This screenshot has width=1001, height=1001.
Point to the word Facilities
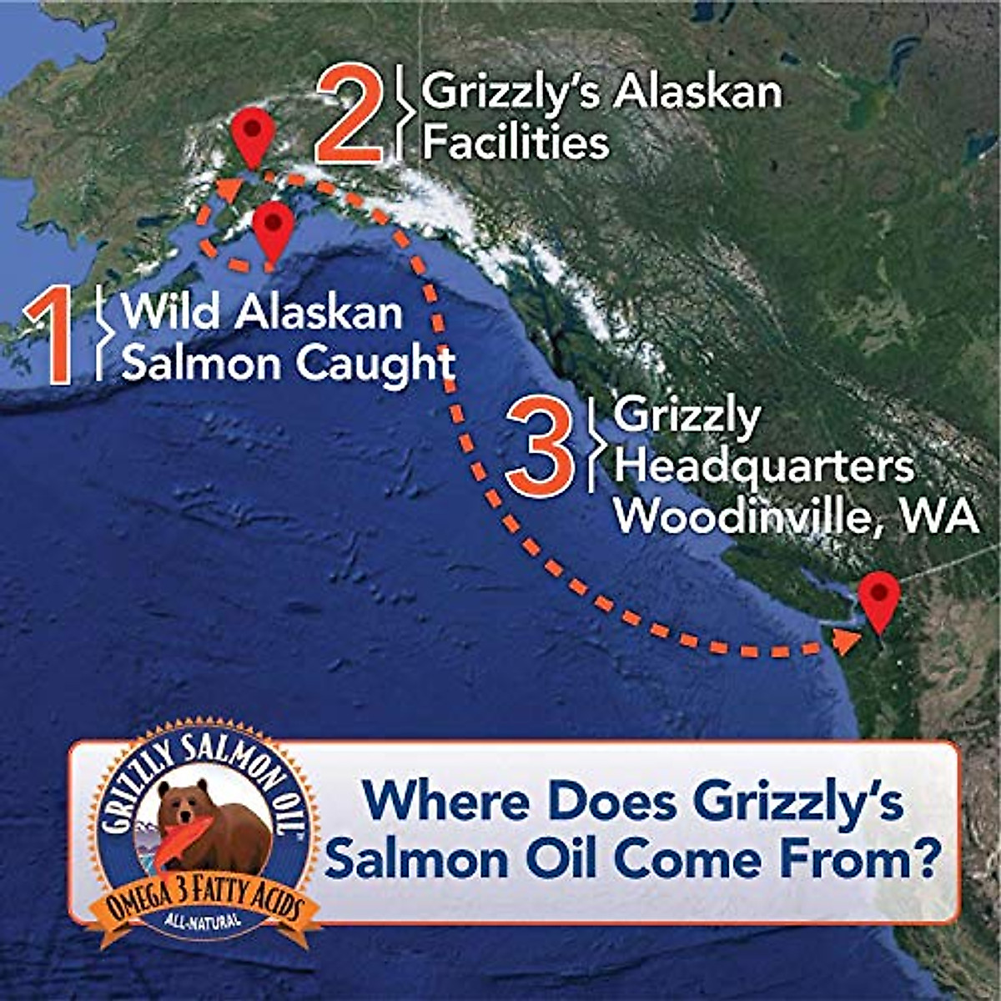(x=515, y=142)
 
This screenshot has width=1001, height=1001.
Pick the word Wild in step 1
(x=171, y=314)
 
